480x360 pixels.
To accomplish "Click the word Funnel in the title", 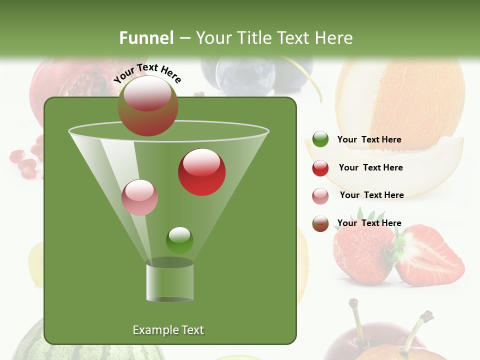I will (x=146, y=38).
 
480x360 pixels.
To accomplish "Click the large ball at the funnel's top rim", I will (x=148, y=106).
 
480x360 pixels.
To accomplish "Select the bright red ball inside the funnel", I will (x=201, y=172).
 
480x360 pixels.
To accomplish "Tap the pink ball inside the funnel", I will (x=139, y=197).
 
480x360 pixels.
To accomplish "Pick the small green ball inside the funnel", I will (x=179, y=240).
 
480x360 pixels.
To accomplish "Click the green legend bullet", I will (x=320, y=139).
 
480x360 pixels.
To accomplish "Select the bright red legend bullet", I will (x=320, y=168).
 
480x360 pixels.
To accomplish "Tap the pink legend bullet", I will (x=320, y=195).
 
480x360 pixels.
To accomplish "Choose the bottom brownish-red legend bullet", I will (x=320, y=223).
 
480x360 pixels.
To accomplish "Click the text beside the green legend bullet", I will (x=369, y=139).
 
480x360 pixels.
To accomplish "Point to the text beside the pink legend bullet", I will (x=371, y=195).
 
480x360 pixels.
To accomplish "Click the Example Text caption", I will (x=168, y=330).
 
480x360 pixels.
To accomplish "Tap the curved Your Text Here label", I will (x=147, y=72).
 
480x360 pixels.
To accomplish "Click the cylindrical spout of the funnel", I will (x=169, y=281).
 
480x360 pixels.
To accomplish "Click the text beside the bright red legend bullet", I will (x=370, y=167).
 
